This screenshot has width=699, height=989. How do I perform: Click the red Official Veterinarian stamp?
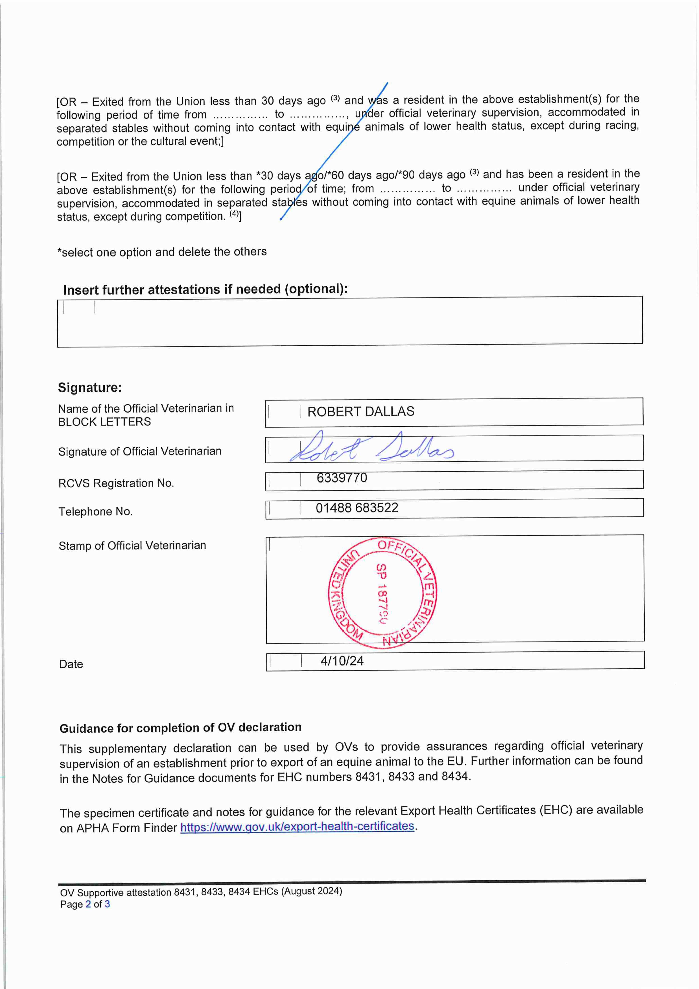tap(383, 593)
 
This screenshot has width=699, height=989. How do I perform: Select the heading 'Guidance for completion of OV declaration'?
tap(180, 728)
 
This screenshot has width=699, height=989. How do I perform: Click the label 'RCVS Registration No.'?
tap(116, 483)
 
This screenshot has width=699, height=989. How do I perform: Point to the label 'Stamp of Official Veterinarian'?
tap(132, 546)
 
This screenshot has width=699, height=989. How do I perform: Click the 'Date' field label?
tap(71, 664)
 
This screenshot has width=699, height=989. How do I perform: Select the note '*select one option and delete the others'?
tap(162, 252)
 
